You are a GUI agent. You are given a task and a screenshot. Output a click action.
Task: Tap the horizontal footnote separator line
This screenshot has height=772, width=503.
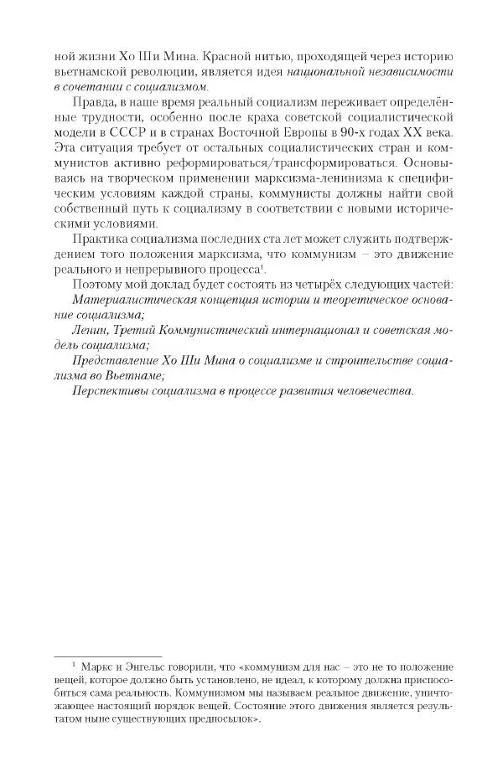pyautogui.click(x=107, y=656)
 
